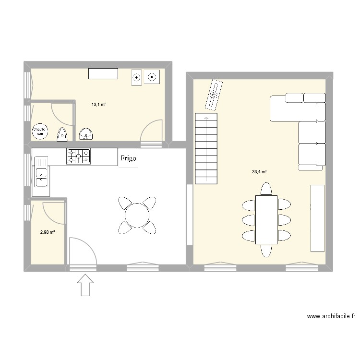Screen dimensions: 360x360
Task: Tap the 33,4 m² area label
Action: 259,171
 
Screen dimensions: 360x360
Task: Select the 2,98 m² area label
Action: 48,232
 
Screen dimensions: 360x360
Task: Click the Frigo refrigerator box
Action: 129,158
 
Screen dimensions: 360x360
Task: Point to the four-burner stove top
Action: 78,156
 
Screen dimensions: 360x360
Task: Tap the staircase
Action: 206,149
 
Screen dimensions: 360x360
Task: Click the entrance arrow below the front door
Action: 85,285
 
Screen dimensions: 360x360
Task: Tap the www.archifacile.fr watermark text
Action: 332,317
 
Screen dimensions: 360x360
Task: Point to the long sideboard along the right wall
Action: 317,217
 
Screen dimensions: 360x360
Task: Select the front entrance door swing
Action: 81,251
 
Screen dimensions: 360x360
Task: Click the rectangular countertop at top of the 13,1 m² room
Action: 103,73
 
